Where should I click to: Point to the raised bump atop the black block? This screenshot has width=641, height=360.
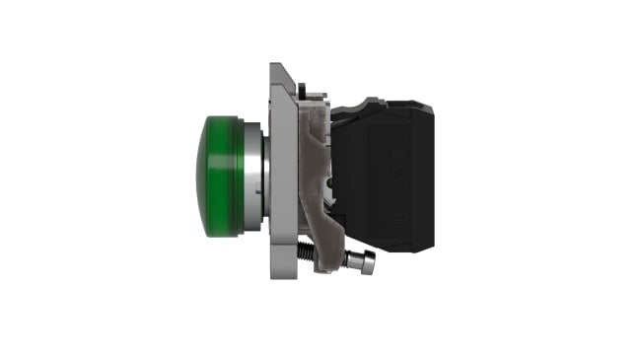375,102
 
